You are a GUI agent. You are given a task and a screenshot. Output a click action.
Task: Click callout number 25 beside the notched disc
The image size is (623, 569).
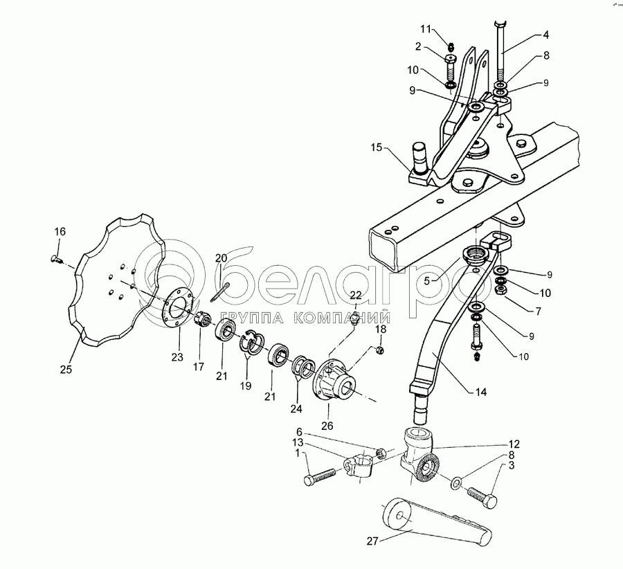coord(66,370)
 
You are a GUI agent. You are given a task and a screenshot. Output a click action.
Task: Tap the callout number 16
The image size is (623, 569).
coord(60,231)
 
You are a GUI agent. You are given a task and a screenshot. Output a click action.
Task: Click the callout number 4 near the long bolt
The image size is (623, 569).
coord(546,34)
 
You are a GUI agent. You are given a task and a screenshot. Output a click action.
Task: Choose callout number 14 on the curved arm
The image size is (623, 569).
coord(481,392)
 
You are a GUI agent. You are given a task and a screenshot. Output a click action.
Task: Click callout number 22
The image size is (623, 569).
coord(355,296)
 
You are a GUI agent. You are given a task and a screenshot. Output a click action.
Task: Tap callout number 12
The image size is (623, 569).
coord(514,444)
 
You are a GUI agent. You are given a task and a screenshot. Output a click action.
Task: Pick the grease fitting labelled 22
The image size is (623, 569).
coord(354,318)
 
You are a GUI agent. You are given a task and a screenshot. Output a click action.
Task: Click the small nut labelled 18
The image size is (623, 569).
coord(379,352)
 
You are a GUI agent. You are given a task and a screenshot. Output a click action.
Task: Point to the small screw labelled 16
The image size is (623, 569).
coord(56,260)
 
